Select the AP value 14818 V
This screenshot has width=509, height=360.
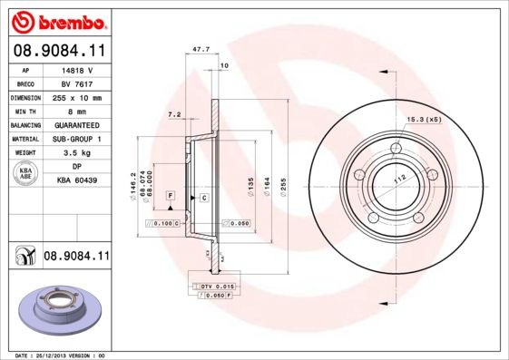point(76,68)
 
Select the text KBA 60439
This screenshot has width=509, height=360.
point(76,181)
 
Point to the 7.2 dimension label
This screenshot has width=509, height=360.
point(176,114)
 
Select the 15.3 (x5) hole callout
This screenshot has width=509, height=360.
point(421,119)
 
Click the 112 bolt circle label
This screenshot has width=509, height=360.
point(396,179)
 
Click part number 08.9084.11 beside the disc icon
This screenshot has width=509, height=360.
point(76,258)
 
